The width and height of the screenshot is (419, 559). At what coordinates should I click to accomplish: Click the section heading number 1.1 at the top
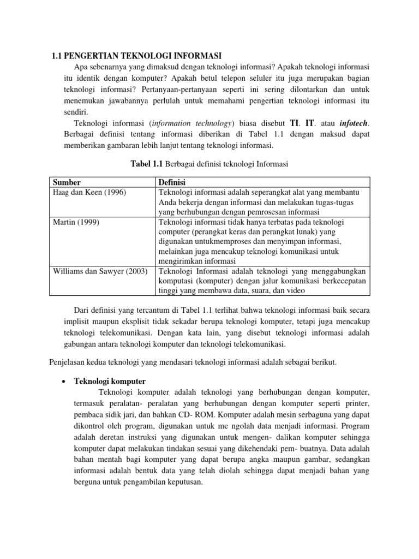[x=57, y=55]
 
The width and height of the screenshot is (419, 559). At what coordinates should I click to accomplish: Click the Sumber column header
[x=65, y=182]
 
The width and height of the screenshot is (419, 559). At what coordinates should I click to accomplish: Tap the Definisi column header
[x=172, y=182]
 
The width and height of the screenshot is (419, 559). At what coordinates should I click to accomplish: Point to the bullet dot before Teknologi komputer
[x=64, y=381]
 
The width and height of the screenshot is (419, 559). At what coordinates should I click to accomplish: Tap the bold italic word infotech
[x=345, y=122]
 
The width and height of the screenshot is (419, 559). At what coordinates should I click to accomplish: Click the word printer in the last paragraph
[x=356, y=403]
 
